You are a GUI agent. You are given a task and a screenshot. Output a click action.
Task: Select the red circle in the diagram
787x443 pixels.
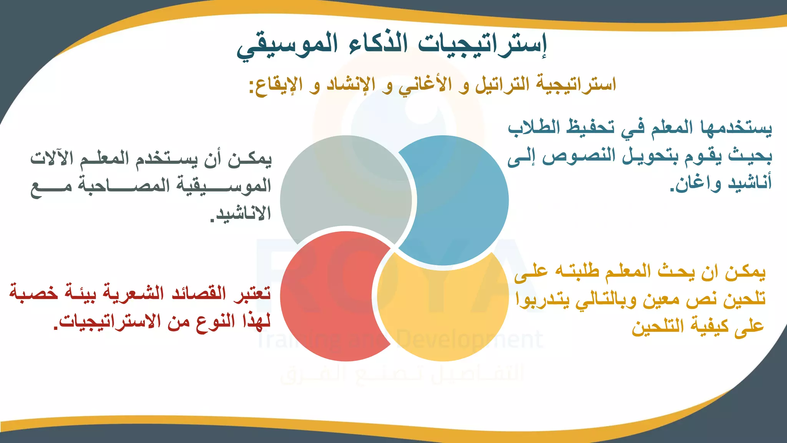tap(327, 300)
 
